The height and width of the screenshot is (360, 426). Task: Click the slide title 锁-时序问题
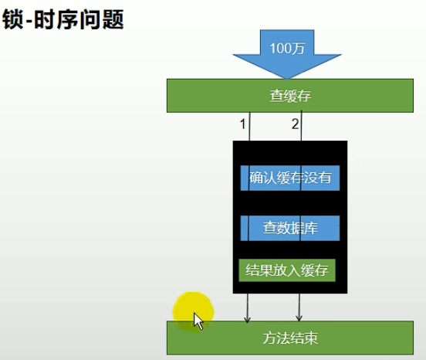pyautogui.click(x=63, y=19)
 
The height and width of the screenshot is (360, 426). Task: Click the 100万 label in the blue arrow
pyautogui.click(x=287, y=49)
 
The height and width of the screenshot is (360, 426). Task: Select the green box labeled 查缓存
pyautogui.click(x=290, y=96)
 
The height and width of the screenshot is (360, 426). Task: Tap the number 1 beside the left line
pyautogui.click(x=243, y=124)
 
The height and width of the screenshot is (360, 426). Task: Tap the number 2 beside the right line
pyautogui.click(x=295, y=124)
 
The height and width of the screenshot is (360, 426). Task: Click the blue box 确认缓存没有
pyautogui.click(x=290, y=178)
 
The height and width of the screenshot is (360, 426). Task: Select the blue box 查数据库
pyautogui.click(x=290, y=228)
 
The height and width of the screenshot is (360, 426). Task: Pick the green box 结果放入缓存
pyautogui.click(x=287, y=270)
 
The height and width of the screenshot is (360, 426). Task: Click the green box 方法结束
pyautogui.click(x=290, y=338)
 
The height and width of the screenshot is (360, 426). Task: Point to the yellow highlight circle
pyautogui.click(x=193, y=312)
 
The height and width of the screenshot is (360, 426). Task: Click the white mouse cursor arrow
pyautogui.click(x=198, y=321)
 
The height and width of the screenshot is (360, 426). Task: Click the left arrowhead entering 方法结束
pyautogui.click(x=247, y=319)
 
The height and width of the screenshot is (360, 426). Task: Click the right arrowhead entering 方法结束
pyautogui.click(x=299, y=318)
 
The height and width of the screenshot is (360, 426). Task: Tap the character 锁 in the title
pyautogui.click(x=12, y=19)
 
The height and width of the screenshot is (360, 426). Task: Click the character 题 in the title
pyautogui.click(x=113, y=19)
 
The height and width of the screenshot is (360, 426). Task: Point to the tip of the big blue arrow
pyautogui.click(x=287, y=79)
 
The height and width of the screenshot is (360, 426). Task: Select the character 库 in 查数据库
pyautogui.click(x=311, y=228)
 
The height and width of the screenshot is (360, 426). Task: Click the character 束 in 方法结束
pyautogui.click(x=311, y=338)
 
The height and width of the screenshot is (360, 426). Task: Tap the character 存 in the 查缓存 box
pyautogui.click(x=304, y=96)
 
